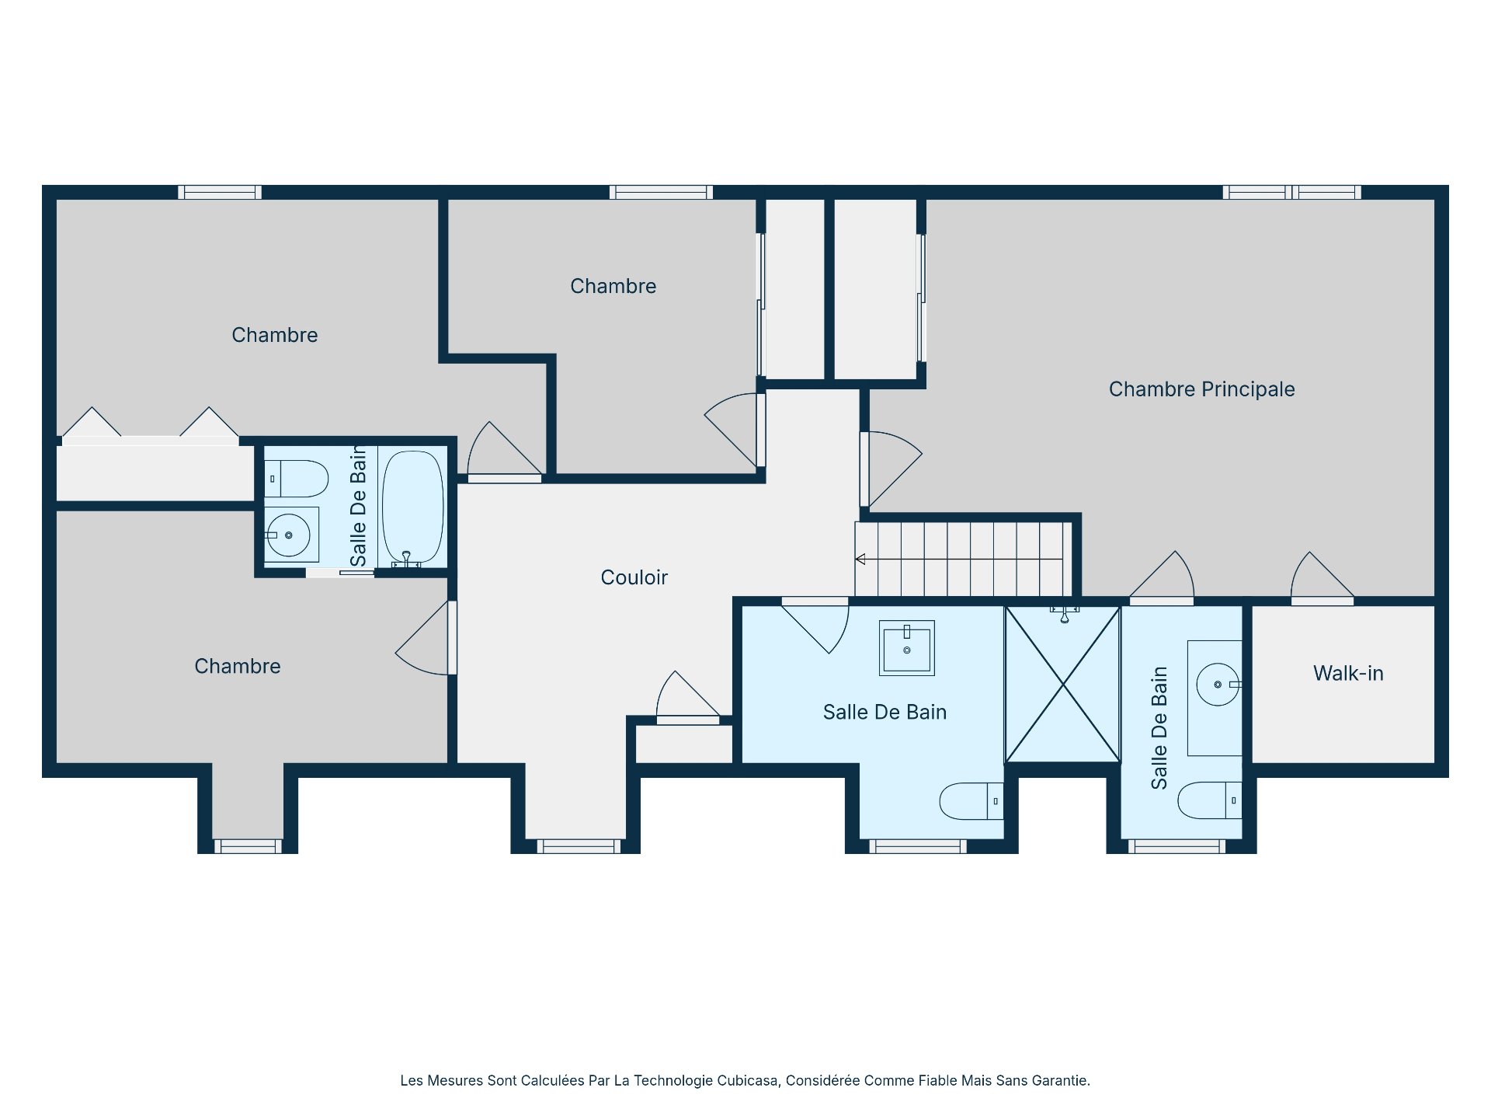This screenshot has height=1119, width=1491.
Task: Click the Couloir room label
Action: tap(634, 577)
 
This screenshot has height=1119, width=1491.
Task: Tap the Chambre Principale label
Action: tap(1201, 389)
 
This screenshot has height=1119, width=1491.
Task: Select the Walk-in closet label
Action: tap(1347, 674)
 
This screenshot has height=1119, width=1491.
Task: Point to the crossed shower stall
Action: tap(1062, 685)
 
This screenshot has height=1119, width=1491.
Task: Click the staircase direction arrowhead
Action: tap(860, 559)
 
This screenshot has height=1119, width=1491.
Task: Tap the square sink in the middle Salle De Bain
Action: tap(906, 648)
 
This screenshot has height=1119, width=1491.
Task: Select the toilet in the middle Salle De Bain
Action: tap(971, 801)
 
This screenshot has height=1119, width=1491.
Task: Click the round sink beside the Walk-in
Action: tap(1217, 685)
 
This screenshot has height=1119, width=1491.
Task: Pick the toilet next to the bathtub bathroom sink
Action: tap(296, 479)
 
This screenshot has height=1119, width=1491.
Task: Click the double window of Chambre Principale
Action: tap(1292, 192)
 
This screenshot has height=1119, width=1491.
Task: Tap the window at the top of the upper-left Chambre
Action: tap(220, 192)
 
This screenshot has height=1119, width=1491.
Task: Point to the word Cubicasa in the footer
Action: tap(746, 1080)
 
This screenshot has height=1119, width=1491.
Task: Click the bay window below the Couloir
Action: tap(579, 846)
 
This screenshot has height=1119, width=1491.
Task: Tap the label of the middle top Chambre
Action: tap(613, 286)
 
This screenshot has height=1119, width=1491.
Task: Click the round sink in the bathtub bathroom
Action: tap(288, 535)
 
